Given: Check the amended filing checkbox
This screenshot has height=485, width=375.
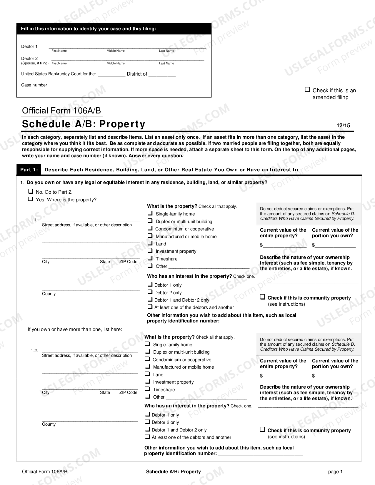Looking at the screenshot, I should (308, 90).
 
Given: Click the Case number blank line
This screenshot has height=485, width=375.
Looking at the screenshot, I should (103, 86).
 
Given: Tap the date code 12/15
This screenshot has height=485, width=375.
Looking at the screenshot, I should (343, 126).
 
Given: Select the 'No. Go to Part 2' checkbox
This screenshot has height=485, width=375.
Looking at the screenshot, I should (31, 191).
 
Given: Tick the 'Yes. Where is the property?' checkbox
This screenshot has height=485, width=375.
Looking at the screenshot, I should (31, 199).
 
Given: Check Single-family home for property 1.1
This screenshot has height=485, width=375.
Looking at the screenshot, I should (150, 213).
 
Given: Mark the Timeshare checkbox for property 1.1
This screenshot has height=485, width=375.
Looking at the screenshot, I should (150, 258).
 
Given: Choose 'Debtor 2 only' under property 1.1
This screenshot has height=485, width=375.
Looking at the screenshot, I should (150, 292).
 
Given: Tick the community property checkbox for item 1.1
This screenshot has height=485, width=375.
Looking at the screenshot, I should (263, 297).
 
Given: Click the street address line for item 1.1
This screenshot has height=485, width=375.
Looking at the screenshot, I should (91, 220).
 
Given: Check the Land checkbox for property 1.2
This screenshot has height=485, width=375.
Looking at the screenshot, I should (147, 374).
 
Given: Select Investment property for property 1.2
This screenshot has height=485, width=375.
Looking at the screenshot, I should (147, 381).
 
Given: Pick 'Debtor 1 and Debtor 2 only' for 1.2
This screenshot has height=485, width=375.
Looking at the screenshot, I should (147, 429).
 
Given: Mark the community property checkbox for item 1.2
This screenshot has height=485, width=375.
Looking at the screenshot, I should (263, 430).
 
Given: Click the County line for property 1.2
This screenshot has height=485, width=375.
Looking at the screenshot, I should (90, 420).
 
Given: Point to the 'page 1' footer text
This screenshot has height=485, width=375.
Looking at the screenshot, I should (335, 472).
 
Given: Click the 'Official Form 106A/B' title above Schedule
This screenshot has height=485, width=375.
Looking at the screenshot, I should (61, 111).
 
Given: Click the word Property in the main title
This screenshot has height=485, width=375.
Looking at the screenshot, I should (122, 124).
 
